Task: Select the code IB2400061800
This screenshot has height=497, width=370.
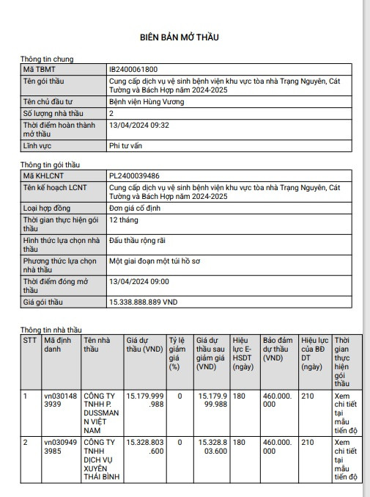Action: (133, 69)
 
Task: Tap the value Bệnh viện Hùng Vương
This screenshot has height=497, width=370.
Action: (147, 101)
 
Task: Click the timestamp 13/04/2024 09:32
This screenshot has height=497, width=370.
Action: (138, 126)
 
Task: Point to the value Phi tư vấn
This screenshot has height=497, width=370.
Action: (125, 146)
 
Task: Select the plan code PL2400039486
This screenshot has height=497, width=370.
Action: (134, 176)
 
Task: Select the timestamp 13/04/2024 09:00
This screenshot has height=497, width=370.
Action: (138, 281)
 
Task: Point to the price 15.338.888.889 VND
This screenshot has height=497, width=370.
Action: (143, 302)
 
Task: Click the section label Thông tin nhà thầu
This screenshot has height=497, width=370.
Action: (51, 330)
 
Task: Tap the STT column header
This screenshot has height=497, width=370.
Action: (29, 341)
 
